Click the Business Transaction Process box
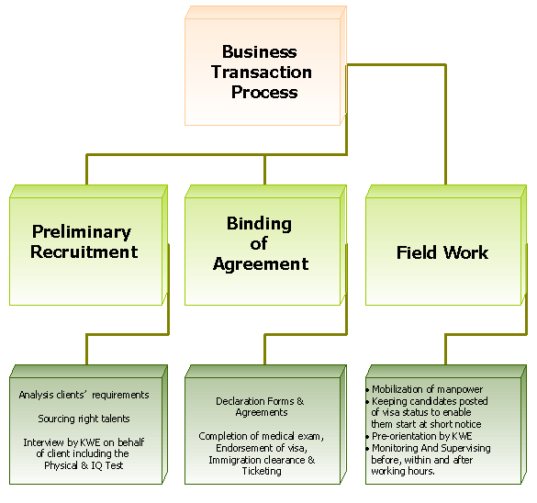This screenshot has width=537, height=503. pyautogui.click(x=265, y=66)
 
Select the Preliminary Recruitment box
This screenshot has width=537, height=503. pyautogui.click(x=88, y=245)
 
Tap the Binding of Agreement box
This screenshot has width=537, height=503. pyautogui.click(x=265, y=245)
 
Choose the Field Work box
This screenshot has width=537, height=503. pyautogui.click(x=446, y=245)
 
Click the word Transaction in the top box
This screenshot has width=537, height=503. pyautogui.click(x=262, y=73)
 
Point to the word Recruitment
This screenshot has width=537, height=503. pyautogui.click(x=84, y=252)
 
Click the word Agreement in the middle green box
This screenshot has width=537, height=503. pyautogui.click(x=261, y=264)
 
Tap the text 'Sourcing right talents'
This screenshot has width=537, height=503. pyautogui.click(x=84, y=419)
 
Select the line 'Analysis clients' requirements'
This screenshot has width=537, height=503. pyautogui.click(x=84, y=395)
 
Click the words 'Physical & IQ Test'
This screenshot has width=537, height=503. pyautogui.click(x=84, y=465)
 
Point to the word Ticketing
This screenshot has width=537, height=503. pyautogui.click(x=262, y=472)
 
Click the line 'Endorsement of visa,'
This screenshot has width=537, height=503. pyautogui.click(x=262, y=448)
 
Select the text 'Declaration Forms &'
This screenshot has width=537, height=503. pyautogui.click(x=260, y=401)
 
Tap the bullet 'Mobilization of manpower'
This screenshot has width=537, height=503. pyautogui.click(x=425, y=389)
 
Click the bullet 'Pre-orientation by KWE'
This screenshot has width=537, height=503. pyautogui.click(x=420, y=436)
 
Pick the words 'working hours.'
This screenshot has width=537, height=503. pyautogui.click(x=403, y=471)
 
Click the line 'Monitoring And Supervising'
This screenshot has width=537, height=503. pyautogui.click(x=429, y=448)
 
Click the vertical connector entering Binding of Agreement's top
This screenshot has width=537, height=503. pyautogui.click(x=264, y=170)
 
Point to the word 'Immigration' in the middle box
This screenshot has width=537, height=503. pyautogui.click(x=234, y=460)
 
